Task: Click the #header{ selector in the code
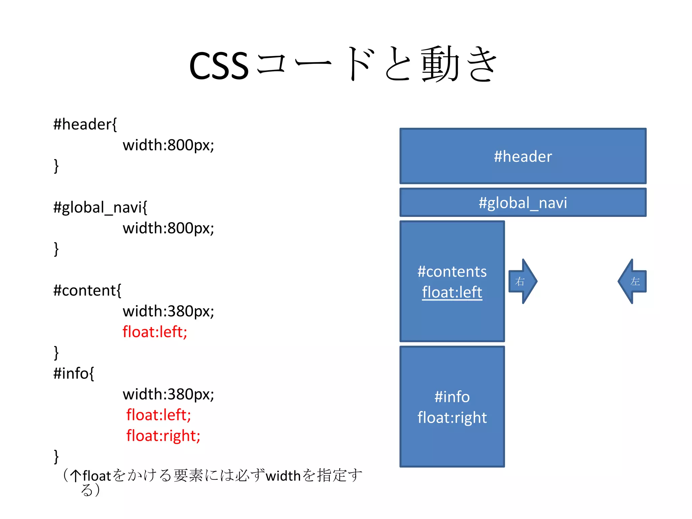pos(85,124)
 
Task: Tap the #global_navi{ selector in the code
pos(100,207)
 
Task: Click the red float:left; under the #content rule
pos(155,332)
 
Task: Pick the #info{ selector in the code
pos(74,374)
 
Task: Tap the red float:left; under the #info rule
pos(158,415)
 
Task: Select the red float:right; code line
pos(163,436)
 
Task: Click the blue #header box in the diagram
pos(523,156)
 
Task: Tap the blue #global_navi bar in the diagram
pos(523,203)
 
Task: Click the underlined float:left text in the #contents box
pos(452,292)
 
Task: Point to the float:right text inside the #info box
pos(452,418)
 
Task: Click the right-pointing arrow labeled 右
pos(522,281)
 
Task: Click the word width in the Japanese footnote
pos(283,476)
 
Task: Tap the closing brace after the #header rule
pos(56,166)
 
